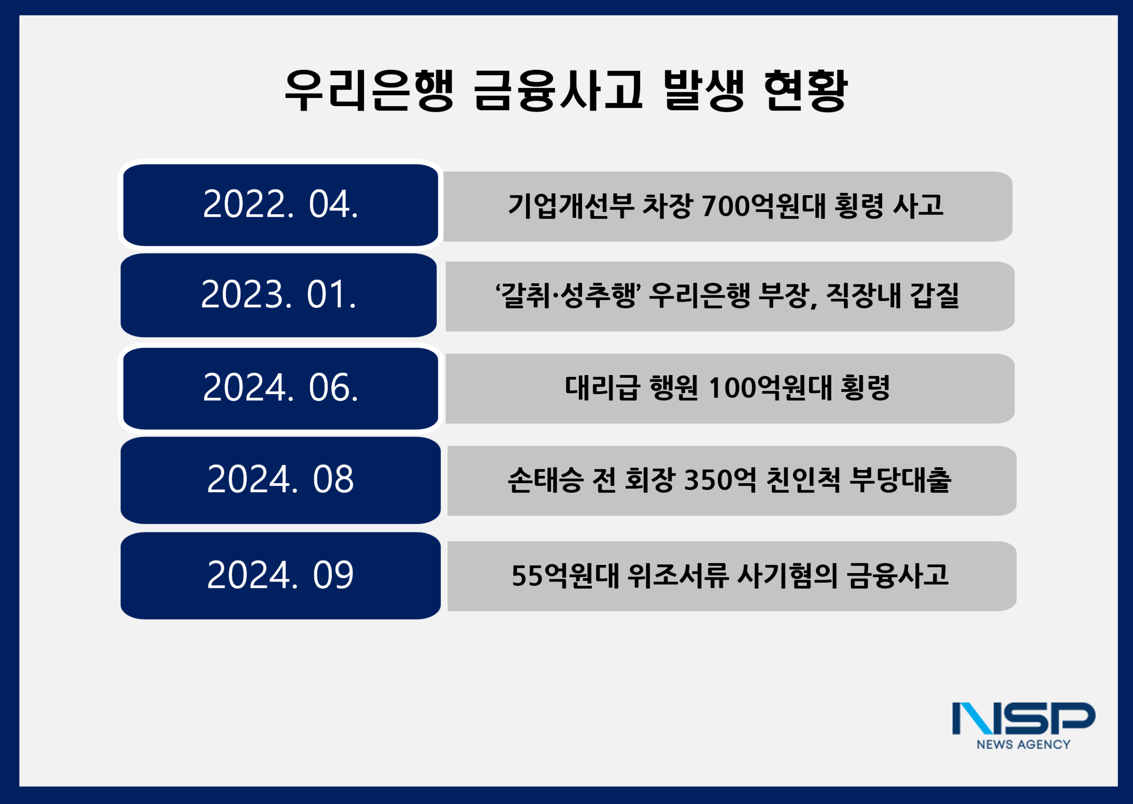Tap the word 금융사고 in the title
coord(558,90)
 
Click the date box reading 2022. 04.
coord(280,205)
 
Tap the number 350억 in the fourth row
coord(720,480)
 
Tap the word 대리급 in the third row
coord(602,388)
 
